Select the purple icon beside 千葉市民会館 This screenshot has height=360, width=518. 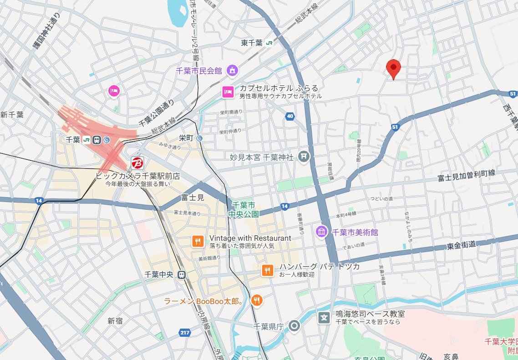coord(232,70)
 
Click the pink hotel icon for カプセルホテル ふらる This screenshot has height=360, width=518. coord(228,92)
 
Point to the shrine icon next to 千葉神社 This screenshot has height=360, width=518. coord(304,157)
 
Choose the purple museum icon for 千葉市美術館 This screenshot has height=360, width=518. coord(322,232)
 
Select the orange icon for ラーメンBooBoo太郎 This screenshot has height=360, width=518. coord(257,300)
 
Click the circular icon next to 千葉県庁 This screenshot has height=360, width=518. coord(295,326)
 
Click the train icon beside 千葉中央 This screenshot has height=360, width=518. coord(182,274)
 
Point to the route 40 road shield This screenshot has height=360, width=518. coord(290,117)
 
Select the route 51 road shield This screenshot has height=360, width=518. coord(395,127)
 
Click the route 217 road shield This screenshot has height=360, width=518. coord(184,333)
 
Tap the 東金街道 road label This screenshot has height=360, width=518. coord(461,245)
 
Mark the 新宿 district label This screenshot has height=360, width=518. coord(115,321)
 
